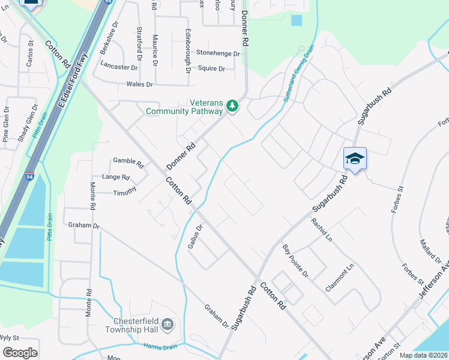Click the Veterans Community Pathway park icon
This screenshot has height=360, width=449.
(x=232, y=107)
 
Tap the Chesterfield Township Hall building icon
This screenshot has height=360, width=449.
(x=167, y=325)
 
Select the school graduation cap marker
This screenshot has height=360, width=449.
(x=355, y=158)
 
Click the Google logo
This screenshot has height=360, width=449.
(x=20, y=353)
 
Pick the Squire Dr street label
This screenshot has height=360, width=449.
(x=211, y=68)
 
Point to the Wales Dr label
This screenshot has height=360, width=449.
(x=139, y=85)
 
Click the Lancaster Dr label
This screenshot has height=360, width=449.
(x=119, y=66)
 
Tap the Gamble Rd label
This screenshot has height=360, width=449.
(x=128, y=163)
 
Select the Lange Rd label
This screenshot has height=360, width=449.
(x=116, y=178)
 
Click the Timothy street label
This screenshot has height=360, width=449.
(x=125, y=192)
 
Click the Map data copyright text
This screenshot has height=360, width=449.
(x=423, y=355)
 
